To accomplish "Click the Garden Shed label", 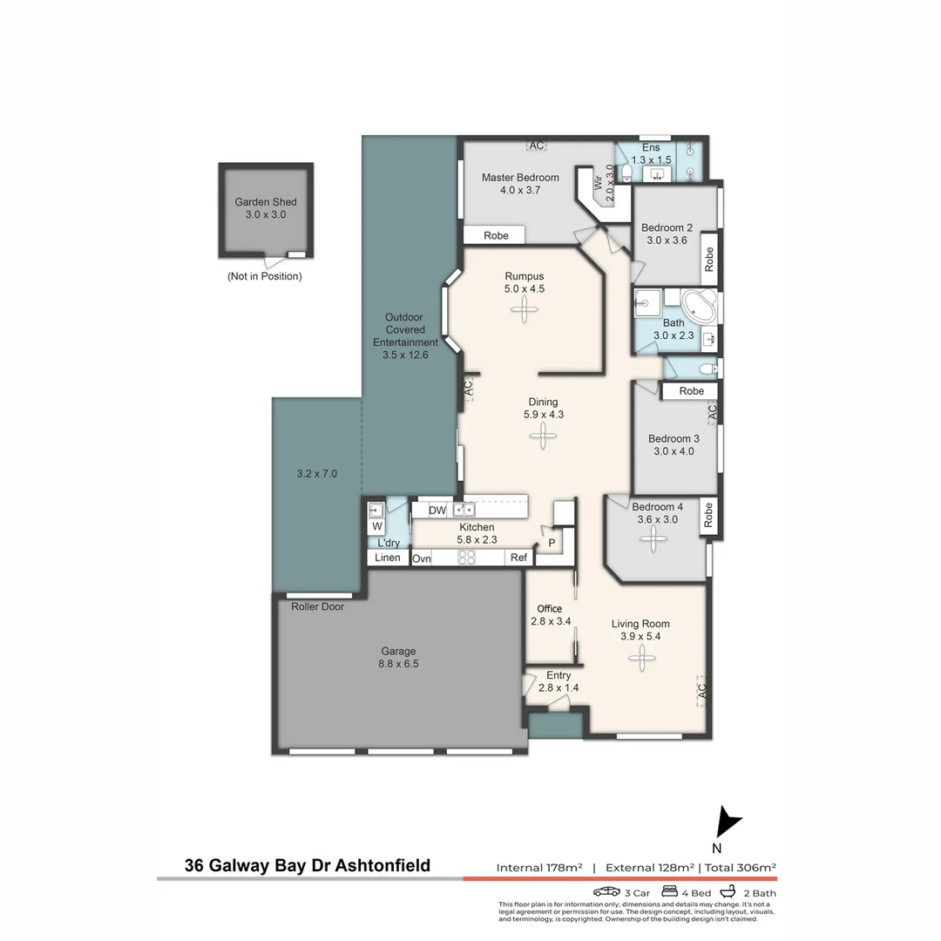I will coord(265,202).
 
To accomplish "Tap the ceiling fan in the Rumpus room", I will coord(525,309).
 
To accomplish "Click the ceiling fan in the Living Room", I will coord(640,658).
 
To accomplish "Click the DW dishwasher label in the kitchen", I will coord(437,510).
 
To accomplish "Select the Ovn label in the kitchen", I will coord(422,559).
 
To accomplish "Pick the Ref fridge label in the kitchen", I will coord(518,559).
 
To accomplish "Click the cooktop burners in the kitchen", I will coord(467,558).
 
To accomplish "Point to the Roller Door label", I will coord(317,606).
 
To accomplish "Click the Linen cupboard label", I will coord(388,558).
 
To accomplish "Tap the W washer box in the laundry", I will coord(377,526).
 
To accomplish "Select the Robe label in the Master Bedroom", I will coord(496,235).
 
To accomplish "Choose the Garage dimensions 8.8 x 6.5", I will coord(398,663).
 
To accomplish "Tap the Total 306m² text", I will coord(740,867).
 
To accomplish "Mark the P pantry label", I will coord(551,543).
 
